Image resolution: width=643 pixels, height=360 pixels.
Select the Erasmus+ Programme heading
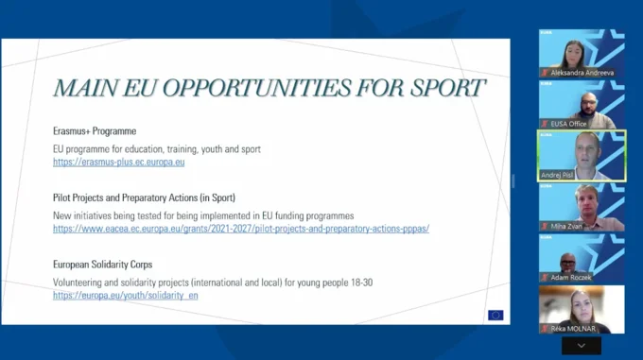[95, 130]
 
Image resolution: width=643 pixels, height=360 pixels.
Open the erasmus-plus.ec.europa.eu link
[118, 162]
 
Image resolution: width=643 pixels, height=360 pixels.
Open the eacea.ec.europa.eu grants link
[241, 229]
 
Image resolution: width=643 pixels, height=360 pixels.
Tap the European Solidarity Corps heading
[103, 265]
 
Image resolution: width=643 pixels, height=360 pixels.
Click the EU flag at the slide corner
[495, 316]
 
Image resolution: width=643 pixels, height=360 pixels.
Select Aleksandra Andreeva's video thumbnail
[582, 54]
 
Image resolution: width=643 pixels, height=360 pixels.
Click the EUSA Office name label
[571, 124]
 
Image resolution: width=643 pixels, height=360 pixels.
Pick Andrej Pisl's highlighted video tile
[582, 155]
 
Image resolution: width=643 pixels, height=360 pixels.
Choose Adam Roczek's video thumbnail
[582, 258]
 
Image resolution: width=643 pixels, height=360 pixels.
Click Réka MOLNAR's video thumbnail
[582, 308]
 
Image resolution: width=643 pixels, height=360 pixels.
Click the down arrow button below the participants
[582, 346]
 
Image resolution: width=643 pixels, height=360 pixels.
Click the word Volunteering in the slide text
[80, 282]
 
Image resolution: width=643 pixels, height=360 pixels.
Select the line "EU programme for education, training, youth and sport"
[157, 148]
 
